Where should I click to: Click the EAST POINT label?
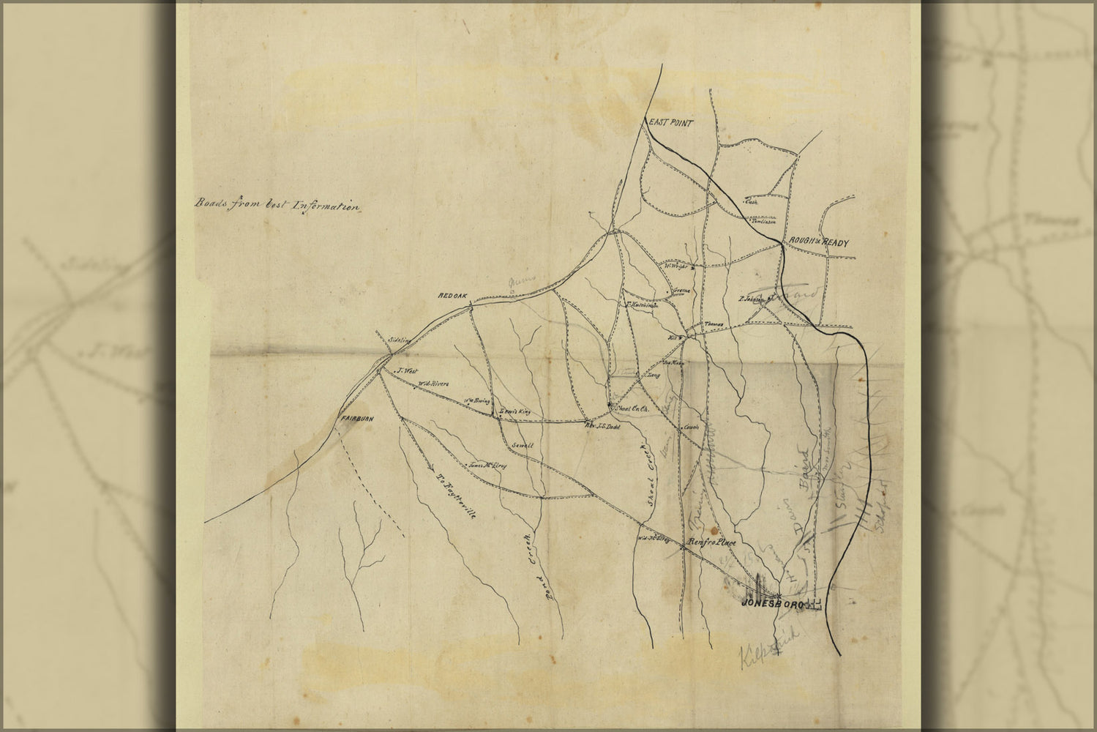click(x=668, y=123)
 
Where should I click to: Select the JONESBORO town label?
click(x=773, y=604)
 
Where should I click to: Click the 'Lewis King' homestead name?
click(x=513, y=412)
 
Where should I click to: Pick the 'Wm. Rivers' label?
click(x=433, y=384)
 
